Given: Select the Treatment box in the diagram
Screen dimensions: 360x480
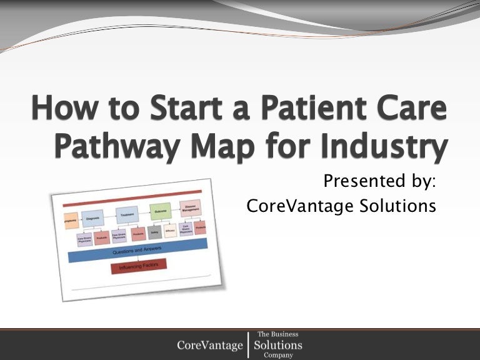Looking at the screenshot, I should pyautogui.click(x=127, y=215).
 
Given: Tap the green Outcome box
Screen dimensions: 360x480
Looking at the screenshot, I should pyautogui.click(x=159, y=212).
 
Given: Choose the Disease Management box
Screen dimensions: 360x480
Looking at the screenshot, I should pyautogui.click(x=190, y=208).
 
